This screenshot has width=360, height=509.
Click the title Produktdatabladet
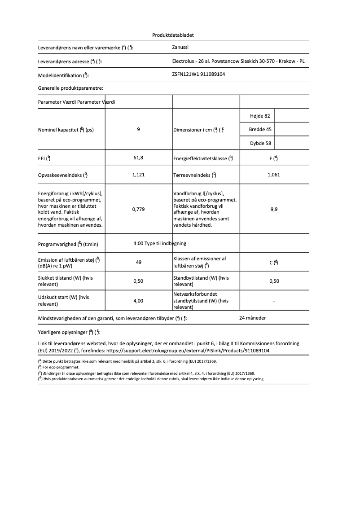[x=173, y=35]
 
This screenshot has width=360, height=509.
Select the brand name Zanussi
[x=181, y=47]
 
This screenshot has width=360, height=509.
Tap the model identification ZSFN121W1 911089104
[x=198, y=74]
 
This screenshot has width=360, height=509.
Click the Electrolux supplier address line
[x=241, y=61]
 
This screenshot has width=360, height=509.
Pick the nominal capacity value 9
[x=139, y=130]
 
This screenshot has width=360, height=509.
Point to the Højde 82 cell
[x=260, y=116]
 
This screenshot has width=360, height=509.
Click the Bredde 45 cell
[x=260, y=130]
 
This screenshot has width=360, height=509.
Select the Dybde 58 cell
[x=260, y=144]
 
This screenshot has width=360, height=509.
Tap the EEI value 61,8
[x=139, y=158]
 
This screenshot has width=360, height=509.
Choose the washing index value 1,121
[x=139, y=175]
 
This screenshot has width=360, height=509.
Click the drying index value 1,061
[x=273, y=175]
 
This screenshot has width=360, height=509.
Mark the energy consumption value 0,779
[x=139, y=209]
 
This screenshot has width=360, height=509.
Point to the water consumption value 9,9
[x=274, y=209]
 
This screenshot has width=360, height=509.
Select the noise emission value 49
[x=139, y=262]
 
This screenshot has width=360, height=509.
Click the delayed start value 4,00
[x=139, y=301]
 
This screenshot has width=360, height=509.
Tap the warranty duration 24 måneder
[x=253, y=318]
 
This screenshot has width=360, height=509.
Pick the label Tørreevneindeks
[x=195, y=175]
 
